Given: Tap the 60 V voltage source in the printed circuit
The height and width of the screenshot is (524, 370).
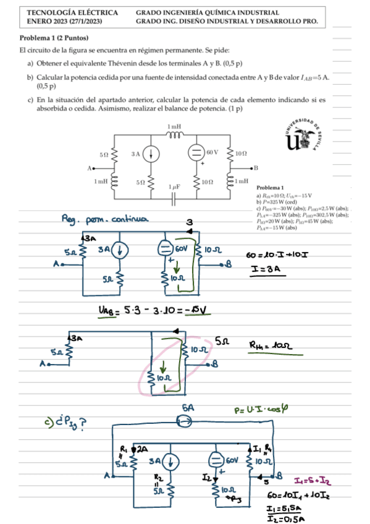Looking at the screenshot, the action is point(194,152).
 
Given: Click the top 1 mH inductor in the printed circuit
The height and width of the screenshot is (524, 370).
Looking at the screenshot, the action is point(174,134).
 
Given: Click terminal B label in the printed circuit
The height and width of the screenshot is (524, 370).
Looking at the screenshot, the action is point(255,168).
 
